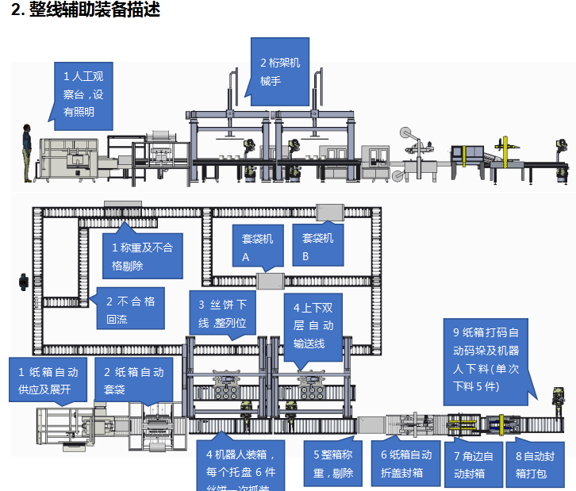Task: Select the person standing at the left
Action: point(27,153)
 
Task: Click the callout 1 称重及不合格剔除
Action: point(141,256)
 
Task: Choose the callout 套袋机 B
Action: point(317,247)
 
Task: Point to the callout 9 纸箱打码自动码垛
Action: point(485,359)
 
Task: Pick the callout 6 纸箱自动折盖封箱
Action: point(405,462)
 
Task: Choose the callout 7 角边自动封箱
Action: point(474,465)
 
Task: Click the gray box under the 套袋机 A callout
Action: point(271,281)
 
